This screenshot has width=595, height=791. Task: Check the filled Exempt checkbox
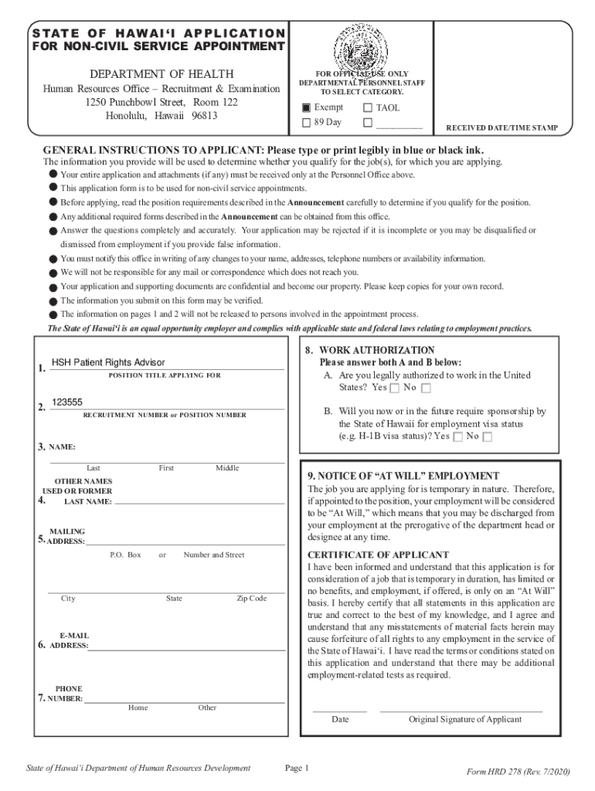coord(306,108)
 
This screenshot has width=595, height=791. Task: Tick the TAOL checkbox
coord(367,108)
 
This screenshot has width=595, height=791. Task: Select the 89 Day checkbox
coord(306,123)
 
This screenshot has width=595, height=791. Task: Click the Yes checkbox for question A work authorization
coord(395,388)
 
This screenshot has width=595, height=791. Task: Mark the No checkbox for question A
coord(426,388)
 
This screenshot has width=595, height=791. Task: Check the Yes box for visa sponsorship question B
coord(458,437)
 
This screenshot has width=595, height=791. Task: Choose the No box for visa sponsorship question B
coord(487,437)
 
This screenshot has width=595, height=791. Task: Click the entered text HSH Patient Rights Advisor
coord(108,362)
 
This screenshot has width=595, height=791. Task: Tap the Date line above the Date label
coord(339,708)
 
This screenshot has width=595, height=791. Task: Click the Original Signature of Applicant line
coord(461,708)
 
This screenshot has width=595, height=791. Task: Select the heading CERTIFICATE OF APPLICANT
coord(378,555)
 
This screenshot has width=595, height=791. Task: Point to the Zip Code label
coord(251,599)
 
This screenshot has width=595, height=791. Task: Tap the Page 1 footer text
coord(297,768)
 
